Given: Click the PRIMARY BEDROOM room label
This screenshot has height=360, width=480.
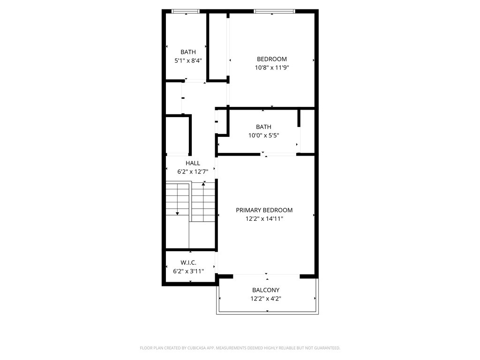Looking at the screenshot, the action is pos(264,210).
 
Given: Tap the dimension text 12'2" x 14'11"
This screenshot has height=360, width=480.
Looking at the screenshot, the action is pos(264,219).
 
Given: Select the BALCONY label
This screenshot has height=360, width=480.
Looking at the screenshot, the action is pos(266,290).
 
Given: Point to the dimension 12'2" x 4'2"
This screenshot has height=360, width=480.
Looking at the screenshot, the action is pos(266,299).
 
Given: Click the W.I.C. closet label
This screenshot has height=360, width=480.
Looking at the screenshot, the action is pos(188,262).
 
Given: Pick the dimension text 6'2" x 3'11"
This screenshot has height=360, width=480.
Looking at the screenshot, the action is pos(188,271).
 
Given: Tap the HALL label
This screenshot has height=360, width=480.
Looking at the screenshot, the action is pos(193,163).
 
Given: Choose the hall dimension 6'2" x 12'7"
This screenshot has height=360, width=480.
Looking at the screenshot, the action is pos(193,172).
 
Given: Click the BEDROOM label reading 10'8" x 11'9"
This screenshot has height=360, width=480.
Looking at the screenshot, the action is pos(272,59).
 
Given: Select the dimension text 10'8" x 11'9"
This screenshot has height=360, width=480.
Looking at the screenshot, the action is pos(272,67).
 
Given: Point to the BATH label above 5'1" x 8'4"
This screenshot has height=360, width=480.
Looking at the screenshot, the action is pos(188,52).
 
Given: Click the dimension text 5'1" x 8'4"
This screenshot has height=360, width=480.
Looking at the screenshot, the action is pos(188,60).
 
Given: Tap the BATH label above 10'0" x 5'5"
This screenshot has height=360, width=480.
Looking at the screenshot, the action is pos(263,127).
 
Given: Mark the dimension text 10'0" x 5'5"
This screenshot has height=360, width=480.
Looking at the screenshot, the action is pos(263,135).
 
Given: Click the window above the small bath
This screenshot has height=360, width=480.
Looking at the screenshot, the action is pos(186,11).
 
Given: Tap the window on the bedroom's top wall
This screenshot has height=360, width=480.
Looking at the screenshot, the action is pos(274,11).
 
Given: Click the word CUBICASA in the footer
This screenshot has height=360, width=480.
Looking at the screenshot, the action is pos(197,348).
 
